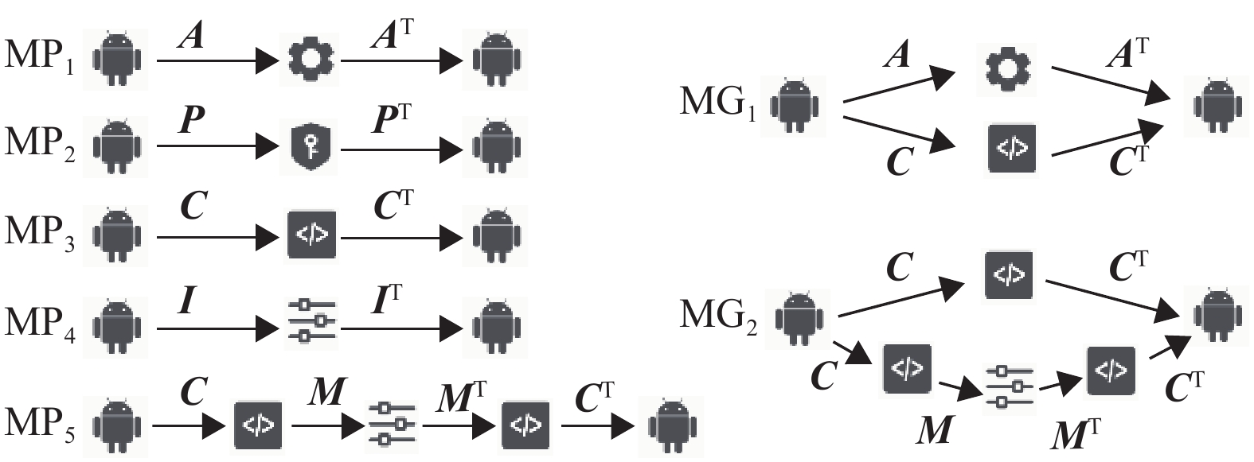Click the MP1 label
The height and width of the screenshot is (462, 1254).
pos(40,56)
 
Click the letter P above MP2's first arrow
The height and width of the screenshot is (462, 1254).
pos(193,121)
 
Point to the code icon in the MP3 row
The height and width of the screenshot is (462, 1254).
pos(312,235)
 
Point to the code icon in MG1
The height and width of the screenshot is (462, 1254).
pos(1012,149)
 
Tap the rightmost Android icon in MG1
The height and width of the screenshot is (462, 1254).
pos(1216,104)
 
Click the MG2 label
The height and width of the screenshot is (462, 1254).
pos(719,316)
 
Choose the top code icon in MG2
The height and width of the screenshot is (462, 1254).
pos(1009,275)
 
